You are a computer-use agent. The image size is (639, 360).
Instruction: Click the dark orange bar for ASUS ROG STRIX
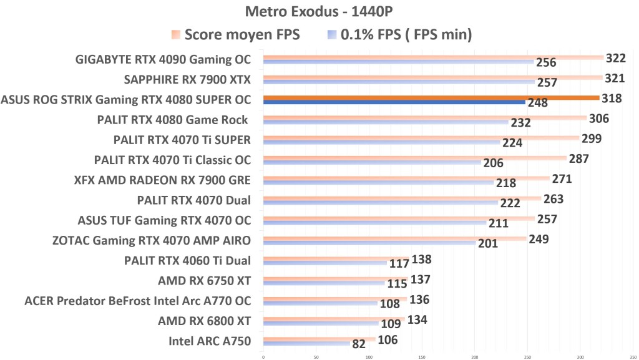[x=431, y=97]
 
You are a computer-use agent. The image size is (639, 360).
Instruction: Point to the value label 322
[x=615, y=57]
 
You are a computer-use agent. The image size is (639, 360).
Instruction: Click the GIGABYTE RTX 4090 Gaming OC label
[x=163, y=60]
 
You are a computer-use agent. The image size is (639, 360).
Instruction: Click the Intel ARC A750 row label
[x=210, y=341]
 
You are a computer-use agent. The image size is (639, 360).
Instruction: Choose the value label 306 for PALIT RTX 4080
[x=598, y=119]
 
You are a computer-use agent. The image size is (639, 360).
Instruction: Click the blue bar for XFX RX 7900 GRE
[x=378, y=182]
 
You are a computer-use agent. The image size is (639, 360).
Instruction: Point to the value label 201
[x=487, y=243]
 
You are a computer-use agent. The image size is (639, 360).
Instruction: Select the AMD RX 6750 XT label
[x=205, y=281]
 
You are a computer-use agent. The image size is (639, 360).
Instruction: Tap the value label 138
[x=421, y=259]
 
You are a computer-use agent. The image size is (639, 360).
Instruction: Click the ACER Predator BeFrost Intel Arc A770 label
[x=137, y=301]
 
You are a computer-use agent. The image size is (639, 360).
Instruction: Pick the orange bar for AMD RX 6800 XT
[x=333, y=318]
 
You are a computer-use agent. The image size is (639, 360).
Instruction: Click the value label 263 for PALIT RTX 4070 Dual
[x=553, y=199]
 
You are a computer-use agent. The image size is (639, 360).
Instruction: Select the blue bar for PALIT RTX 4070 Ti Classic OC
[x=372, y=162]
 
